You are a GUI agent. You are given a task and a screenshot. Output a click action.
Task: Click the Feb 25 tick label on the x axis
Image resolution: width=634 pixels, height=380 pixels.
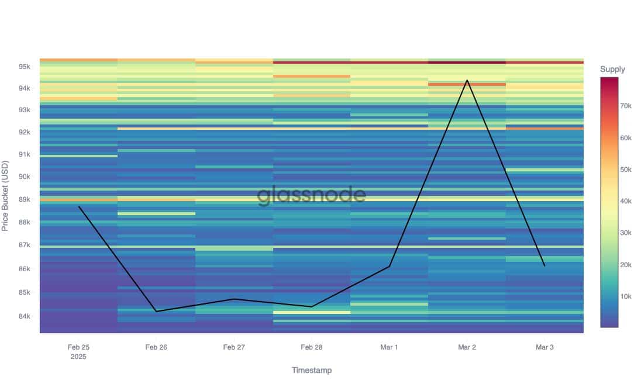point(78,347)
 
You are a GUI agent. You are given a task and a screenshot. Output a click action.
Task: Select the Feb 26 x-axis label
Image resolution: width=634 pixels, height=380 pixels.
point(156,347)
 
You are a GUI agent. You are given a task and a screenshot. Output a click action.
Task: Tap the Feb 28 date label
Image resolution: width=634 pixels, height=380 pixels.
point(311,347)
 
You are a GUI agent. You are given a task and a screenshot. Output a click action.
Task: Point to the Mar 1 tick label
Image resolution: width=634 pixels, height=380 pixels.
point(389,347)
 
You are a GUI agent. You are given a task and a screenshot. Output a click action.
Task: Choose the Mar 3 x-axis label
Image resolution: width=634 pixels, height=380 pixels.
point(545,347)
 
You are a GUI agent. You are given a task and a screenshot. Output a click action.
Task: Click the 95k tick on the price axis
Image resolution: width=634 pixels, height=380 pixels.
point(24,67)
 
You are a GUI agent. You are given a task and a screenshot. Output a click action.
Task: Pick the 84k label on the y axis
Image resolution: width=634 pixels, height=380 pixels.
point(24,317)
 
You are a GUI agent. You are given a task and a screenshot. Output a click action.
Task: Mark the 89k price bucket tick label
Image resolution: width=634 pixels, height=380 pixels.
point(24,199)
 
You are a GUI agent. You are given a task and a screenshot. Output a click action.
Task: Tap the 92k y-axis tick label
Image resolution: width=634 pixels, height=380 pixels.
point(24,132)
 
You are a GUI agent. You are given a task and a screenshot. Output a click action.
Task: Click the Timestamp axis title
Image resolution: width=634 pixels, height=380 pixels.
point(311,370)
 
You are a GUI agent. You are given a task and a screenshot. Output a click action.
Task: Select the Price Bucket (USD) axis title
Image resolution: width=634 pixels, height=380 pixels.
point(6,195)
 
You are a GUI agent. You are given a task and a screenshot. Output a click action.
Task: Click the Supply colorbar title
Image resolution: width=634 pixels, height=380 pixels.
point(612,70)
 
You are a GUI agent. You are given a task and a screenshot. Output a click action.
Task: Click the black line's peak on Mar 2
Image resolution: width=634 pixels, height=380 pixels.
point(467,80)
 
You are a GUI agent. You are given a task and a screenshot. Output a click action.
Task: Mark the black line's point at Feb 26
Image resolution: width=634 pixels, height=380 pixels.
point(156,311)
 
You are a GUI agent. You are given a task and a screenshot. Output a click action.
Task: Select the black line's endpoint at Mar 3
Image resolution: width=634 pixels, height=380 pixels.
point(545,266)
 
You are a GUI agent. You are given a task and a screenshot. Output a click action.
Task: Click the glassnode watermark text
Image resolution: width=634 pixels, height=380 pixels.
point(311,195)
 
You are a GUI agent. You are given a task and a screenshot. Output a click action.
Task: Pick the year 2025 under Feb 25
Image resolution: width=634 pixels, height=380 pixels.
point(78,357)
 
